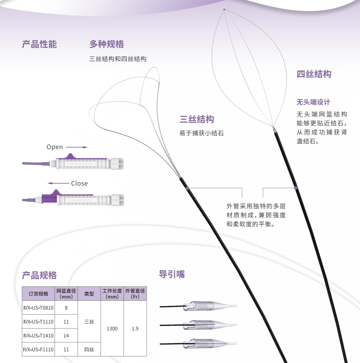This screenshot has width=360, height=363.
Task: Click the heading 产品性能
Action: [x=39, y=44]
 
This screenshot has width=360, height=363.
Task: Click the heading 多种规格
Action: [x=107, y=44]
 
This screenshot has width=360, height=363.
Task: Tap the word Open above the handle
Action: [x=55, y=147]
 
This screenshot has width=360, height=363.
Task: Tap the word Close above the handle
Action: [x=79, y=184]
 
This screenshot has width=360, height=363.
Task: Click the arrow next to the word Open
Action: [x=77, y=147]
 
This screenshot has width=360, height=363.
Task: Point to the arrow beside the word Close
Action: [x=58, y=183]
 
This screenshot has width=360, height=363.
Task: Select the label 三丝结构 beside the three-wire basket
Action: [x=197, y=119]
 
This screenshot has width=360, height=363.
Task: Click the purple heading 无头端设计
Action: [x=313, y=102]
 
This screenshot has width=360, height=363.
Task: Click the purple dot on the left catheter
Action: [x=187, y=188]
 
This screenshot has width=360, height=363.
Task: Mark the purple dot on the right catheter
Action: [x=296, y=188]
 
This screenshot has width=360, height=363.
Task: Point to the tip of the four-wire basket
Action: [x=224, y=10]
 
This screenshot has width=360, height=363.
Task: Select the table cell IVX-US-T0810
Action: [x=39, y=308]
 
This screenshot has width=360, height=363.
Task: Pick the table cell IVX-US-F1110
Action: [x=39, y=349]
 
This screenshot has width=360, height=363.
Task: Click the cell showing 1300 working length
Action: [x=112, y=329]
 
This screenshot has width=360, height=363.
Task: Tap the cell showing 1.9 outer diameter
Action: [x=135, y=329]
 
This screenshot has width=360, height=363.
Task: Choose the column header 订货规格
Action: [x=39, y=294]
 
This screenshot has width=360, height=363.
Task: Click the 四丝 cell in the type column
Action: [x=89, y=349]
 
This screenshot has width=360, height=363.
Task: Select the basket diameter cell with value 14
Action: [x=66, y=336]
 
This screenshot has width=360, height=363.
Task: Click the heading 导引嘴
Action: [x=172, y=274]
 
